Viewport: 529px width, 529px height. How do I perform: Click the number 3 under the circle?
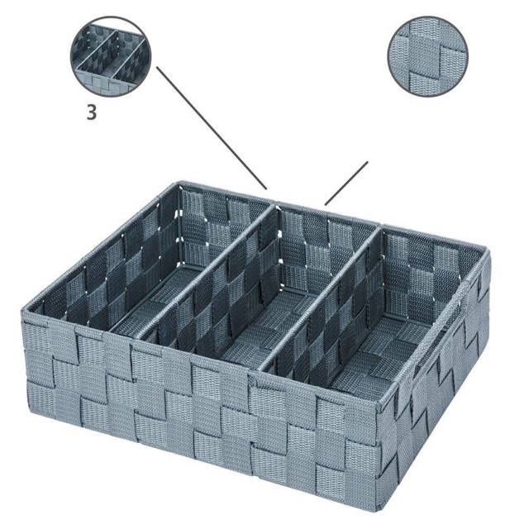pyautogui.click(x=92, y=113)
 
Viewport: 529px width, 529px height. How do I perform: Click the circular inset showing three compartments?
pyautogui.click(x=110, y=56)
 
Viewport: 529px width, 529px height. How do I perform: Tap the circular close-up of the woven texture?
pyautogui.click(x=427, y=56)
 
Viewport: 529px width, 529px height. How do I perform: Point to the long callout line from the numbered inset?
pyautogui.click(x=212, y=128)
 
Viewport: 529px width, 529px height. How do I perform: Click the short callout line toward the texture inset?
pyautogui.click(x=346, y=183)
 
